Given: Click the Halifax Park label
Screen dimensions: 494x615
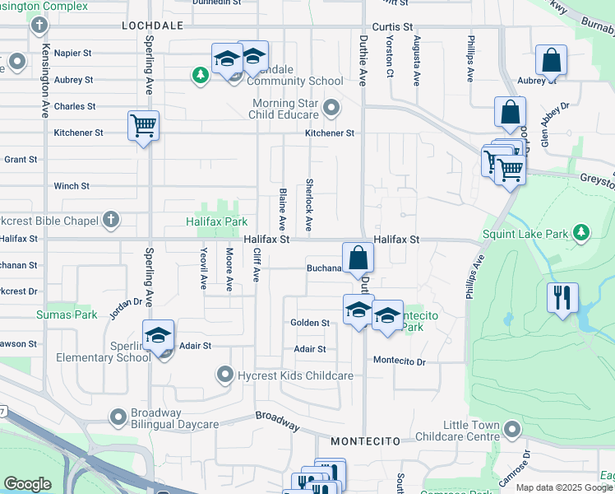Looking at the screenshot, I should click(217, 221).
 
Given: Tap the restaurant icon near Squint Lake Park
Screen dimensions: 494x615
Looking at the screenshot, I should click(562, 297).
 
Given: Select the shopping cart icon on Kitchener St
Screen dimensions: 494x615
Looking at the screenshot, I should click(143, 126).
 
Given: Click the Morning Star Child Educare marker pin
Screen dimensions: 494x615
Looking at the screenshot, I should click(331, 108).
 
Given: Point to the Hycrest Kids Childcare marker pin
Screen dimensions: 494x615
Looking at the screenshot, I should click(224, 375).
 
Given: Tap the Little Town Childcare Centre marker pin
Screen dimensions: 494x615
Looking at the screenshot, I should click(513, 429).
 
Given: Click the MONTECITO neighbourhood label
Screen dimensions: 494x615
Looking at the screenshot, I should click(358, 442).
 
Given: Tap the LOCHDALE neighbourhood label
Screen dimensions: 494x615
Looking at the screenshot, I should click(152, 26).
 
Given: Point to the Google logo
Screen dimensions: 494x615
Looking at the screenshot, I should click(27, 484).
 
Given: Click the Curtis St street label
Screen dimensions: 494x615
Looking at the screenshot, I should click(390, 26).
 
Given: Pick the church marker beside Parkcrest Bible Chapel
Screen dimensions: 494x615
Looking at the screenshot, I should click(111, 220).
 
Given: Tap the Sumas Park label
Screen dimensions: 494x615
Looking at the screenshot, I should click(55, 315).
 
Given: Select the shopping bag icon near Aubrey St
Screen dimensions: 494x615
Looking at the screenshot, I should click(551, 60).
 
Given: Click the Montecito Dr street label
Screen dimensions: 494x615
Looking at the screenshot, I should click(399, 361).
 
